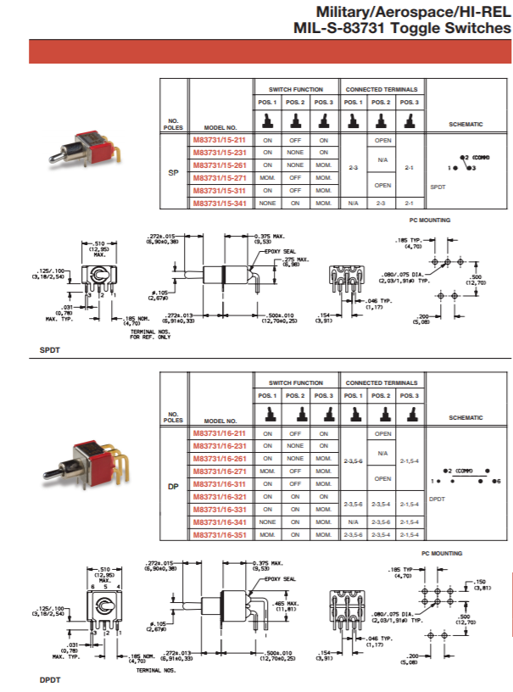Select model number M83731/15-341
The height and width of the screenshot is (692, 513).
219,204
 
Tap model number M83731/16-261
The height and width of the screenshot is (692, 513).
219,458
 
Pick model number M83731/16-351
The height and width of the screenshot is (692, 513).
219,535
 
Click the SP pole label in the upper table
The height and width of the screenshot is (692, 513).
173,171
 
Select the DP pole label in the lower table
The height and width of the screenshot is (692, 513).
173,484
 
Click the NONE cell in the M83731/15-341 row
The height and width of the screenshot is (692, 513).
268,204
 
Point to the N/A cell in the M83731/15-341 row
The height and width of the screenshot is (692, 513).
354,204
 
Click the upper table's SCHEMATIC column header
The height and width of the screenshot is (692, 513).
466,125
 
